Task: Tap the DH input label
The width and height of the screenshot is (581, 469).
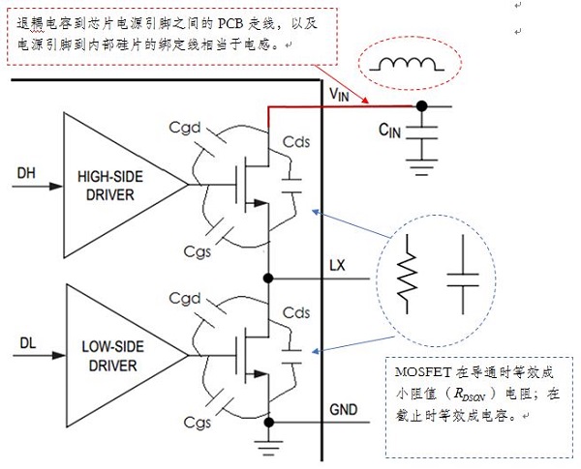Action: [x=26, y=174]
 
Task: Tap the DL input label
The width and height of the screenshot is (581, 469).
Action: [x=26, y=341]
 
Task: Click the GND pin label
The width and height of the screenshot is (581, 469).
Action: [x=343, y=410]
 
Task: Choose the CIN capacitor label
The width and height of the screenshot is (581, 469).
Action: [x=390, y=129]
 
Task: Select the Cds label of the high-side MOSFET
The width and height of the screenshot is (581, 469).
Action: [x=295, y=142]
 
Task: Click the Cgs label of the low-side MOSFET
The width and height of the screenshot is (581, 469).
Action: [x=197, y=423]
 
